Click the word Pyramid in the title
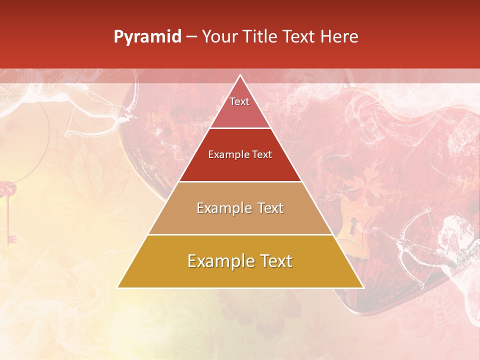(x=147, y=37)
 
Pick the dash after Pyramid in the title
(x=191, y=37)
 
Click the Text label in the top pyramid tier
(x=239, y=101)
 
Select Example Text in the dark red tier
(x=240, y=154)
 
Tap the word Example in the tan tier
(x=218, y=208)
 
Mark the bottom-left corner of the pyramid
(x=118, y=287)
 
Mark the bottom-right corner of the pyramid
(x=363, y=287)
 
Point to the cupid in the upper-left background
(x=95, y=105)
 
